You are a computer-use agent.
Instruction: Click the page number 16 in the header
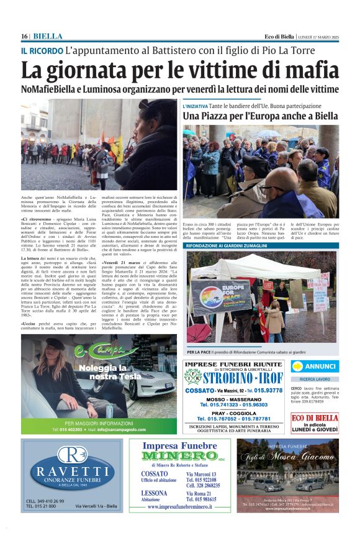[25, 36]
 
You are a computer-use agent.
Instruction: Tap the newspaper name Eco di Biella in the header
[279, 36]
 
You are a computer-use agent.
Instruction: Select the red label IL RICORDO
[42, 50]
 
